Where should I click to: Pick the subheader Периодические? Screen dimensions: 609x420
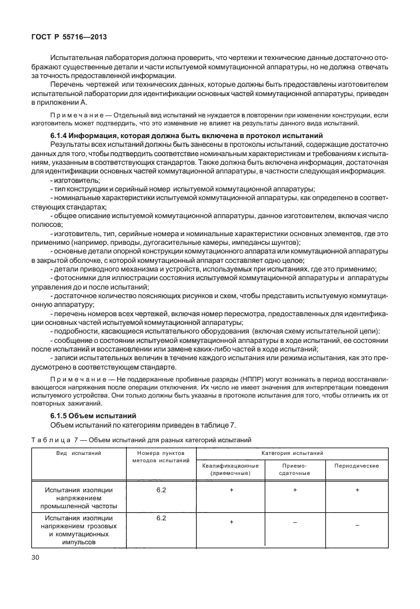tap(357, 465)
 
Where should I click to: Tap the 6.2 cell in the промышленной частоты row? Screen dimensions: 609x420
tap(161, 490)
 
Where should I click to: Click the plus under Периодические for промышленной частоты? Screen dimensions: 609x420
tap(357, 490)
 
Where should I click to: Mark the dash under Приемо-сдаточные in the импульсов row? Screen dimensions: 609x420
tap(294, 523)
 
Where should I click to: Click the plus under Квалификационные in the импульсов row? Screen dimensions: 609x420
tap(231, 522)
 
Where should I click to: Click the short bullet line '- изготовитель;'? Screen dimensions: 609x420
tap(75, 180)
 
